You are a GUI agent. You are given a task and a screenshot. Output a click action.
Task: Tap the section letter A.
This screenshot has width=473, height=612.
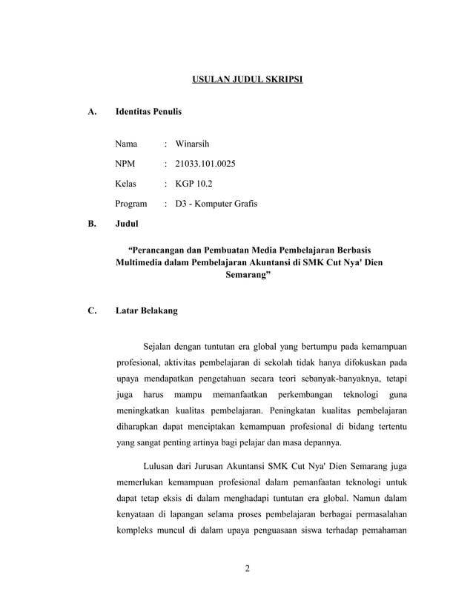(x=92, y=113)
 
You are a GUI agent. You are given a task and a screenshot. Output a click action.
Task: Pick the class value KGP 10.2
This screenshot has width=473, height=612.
(x=195, y=182)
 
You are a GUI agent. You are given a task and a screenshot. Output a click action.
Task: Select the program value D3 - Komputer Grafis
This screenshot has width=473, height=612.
(x=216, y=203)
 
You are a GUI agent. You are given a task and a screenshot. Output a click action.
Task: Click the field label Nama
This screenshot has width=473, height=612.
(x=127, y=142)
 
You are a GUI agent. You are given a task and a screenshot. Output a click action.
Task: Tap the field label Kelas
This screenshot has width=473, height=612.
(x=127, y=182)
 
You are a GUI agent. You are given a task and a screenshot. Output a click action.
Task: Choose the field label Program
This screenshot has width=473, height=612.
(x=131, y=203)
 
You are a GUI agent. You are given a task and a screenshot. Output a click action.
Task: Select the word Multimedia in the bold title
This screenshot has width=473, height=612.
(x=142, y=263)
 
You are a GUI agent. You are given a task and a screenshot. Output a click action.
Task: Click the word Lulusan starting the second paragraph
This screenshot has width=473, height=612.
(x=162, y=466)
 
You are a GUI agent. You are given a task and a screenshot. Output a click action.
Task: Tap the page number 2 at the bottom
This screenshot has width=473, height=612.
(x=248, y=569)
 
